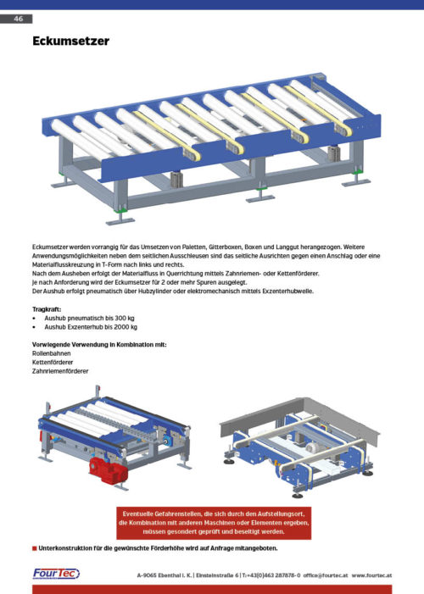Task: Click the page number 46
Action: [x=18, y=18]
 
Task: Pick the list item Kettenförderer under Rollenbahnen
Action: [x=53, y=363]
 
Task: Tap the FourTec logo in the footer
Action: [x=56, y=574]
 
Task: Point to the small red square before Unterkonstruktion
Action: [x=33, y=549]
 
